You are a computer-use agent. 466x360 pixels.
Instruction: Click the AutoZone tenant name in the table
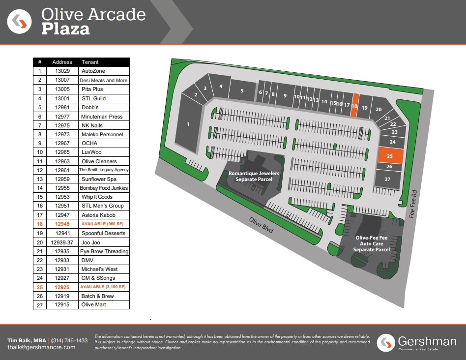(x=93, y=71)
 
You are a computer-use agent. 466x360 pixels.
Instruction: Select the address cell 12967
(x=62, y=143)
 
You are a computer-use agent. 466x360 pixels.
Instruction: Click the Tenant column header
(x=90, y=62)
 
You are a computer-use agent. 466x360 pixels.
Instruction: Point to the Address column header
(x=62, y=62)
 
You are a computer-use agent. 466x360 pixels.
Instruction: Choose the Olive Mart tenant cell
(x=93, y=305)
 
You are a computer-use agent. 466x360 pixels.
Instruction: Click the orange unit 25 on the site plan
(x=390, y=155)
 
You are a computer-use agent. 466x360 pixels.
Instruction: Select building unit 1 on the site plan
(x=188, y=124)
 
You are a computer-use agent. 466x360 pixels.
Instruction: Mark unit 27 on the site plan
(x=387, y=179)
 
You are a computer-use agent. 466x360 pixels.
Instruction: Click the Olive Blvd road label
(x=261, y=225)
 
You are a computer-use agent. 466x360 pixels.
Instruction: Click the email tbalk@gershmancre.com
(x=41, y=347)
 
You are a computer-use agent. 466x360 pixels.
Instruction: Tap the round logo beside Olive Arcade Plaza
(x=20, y=22)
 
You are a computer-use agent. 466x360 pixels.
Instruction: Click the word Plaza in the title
(x=65, y=29)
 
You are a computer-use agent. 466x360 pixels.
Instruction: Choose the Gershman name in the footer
(x=427, y=340)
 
